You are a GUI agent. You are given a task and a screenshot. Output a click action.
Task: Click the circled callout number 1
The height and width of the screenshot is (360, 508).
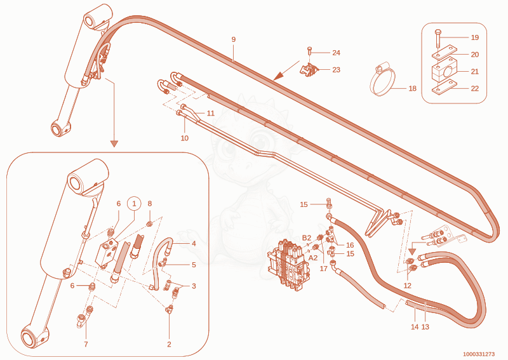(134, 204)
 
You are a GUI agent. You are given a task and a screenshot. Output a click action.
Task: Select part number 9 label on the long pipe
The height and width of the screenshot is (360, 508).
(234, 39)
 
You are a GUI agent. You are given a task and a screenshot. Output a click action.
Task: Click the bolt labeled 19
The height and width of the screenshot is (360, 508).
(438, 39)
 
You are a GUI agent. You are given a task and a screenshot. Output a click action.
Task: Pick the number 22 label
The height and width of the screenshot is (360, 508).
(474, 88)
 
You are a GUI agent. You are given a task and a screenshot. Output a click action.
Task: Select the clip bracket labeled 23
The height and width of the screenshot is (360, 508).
(309, 70)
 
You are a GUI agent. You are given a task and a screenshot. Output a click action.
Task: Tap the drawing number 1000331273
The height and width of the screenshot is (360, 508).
(479, 354)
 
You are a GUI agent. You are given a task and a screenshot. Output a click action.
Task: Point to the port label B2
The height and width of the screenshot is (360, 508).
(307, 238)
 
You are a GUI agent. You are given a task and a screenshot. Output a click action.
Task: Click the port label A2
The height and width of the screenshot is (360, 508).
(313, 258)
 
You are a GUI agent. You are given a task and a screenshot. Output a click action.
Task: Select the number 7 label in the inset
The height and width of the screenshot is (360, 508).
(86, 344)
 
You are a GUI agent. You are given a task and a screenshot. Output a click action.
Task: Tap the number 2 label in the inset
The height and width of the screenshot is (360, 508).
(169, 344)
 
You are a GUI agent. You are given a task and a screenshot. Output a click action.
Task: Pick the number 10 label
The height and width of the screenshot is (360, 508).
(184, 138)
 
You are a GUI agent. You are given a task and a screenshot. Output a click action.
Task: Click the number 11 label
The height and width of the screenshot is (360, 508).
(211, 113)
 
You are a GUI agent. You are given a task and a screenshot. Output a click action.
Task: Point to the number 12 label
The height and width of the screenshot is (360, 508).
(407, 286)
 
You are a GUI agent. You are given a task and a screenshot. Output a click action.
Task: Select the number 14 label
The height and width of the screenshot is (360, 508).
(415, 327)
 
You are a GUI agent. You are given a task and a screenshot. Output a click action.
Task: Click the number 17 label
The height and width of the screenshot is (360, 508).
(324, 269)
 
